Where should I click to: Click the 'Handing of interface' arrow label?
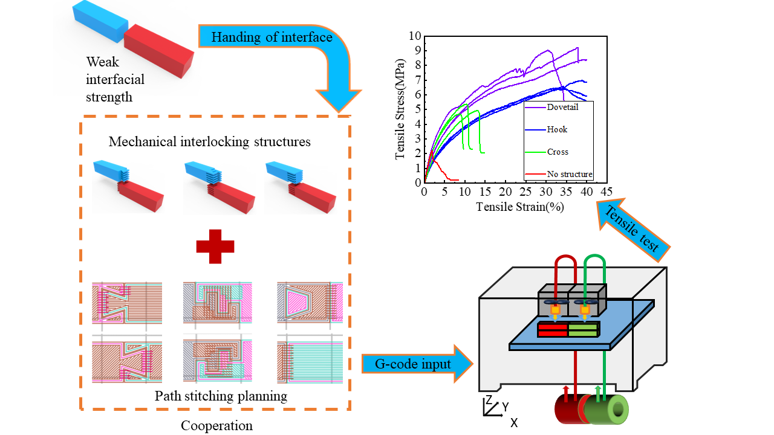pos(272,37)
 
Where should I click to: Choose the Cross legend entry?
pos(557,152)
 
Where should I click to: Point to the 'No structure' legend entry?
pos(568,175)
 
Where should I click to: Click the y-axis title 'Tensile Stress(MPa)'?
pos(400,109)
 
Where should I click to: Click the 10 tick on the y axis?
pos(414,36)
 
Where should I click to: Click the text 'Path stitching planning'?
pos(221,396)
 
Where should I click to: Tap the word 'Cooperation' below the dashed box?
pos(216,425)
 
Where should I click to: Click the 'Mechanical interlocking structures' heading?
pos(210,142)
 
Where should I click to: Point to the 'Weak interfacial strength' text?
pos(115,79)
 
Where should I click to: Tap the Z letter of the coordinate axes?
pos(488,401)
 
